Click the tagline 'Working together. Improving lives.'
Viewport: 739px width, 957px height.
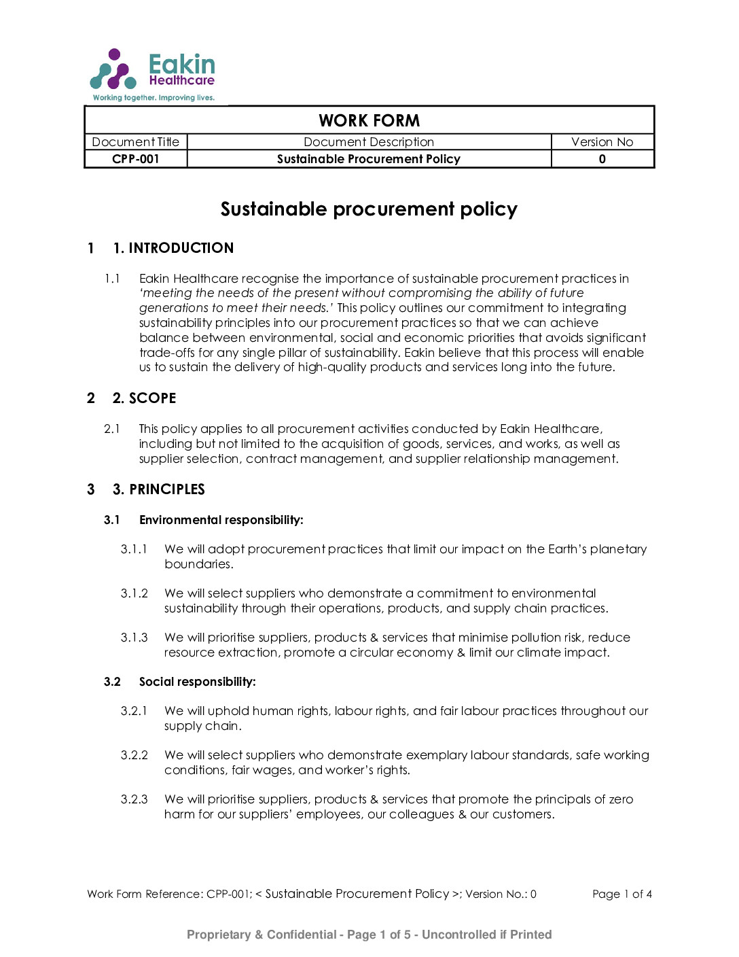point(154,98)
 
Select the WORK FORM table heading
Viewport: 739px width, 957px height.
point(369,120)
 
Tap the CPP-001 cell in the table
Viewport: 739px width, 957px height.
point(136,159)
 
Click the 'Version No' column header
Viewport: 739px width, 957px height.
point(602,142)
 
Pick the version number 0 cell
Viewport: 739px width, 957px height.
point(602,159)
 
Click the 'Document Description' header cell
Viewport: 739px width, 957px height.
point(369,142)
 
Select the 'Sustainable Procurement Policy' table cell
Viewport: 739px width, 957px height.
point(369,159)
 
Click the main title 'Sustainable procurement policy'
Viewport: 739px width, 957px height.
point(369,209)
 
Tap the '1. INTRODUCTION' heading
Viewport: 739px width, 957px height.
point(173,248)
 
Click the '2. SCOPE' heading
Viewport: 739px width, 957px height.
point(144,398)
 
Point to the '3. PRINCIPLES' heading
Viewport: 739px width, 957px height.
point(158,489)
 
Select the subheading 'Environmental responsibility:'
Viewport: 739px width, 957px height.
point(221,520)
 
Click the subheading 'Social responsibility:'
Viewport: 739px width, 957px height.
point(197,682)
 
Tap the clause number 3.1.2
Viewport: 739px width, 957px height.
point(134,593)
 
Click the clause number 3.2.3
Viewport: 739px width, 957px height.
point(134,799)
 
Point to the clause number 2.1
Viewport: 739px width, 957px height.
point(112,429)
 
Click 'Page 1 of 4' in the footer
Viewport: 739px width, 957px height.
point(621,894)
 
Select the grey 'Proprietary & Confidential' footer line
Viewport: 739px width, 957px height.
point(369,935)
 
